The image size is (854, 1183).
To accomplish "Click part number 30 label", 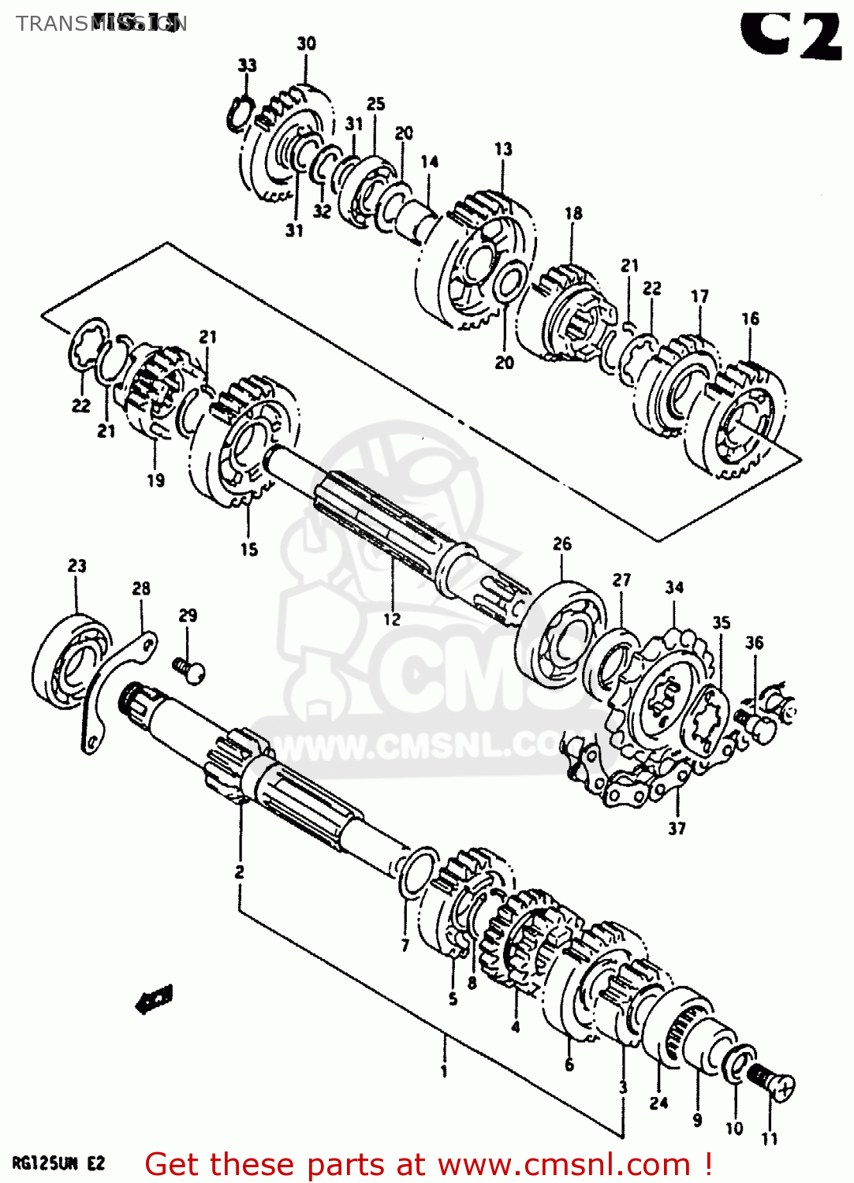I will (x=306, y=43).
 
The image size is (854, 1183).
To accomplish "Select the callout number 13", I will (x=503, y=148).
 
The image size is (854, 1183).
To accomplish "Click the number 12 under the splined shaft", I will (x=392, y=619).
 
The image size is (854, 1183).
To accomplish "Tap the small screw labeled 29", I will (x=189, y=671).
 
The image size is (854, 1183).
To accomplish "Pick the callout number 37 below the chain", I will (x=677, y=828).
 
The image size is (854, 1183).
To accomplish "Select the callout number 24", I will (x=658, y=1103).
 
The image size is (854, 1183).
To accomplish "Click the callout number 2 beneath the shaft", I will (x=239, y=871).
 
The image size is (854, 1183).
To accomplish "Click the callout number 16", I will (x=750, y=318).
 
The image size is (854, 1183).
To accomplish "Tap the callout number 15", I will (x=249, y=549).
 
